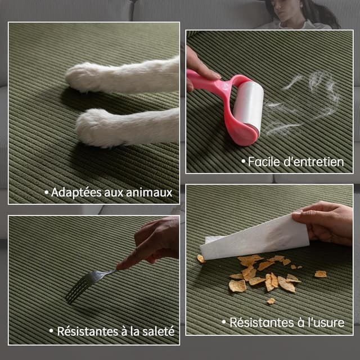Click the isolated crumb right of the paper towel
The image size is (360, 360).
[320, 274]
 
